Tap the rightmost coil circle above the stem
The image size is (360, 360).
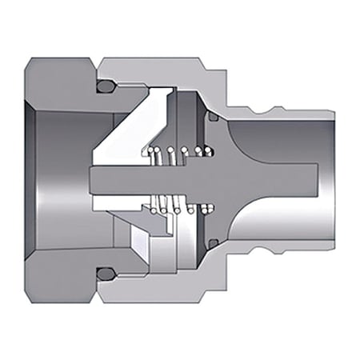tap(210, 150)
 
